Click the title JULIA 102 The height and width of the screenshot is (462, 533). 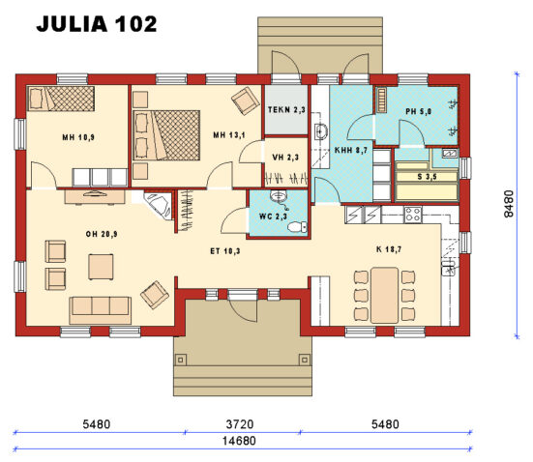(x=96, y=25)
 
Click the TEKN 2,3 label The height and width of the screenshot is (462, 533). (x=286, y=111)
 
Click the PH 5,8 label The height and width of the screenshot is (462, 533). (x=420, y=112)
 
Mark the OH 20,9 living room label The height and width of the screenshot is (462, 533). (x=101, y=231)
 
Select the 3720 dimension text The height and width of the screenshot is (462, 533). (x=242, y=424)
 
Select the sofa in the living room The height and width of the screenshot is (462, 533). (x=100, y=310)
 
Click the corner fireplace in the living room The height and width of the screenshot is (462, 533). (x=155, y=206)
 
